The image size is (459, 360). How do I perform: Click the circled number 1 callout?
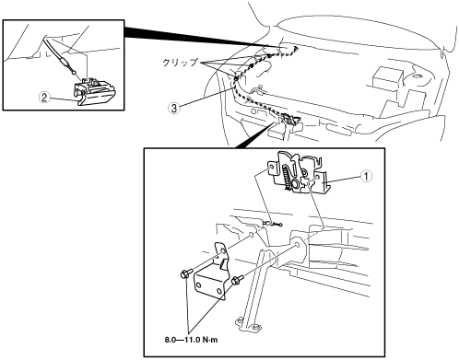[366, 176]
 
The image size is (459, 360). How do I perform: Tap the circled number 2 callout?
[44, 98]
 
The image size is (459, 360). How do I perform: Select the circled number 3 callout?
[174, 108]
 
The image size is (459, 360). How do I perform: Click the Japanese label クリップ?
[180, 63]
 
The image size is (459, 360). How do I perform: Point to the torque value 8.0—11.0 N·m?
[191, 340]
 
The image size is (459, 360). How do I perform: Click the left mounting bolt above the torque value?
[185, 273]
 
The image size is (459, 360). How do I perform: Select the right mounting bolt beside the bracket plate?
[237, 279]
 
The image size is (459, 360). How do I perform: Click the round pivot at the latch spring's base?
[295, 184]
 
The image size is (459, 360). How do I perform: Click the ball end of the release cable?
[74, 73]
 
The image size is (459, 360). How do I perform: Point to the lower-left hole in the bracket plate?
[199, 285]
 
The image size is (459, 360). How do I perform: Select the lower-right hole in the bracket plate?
[218, 291]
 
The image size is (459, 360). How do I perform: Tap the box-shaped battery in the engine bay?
[386, 78]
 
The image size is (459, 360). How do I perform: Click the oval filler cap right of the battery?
[418, 75]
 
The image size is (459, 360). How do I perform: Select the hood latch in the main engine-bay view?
[288, 121]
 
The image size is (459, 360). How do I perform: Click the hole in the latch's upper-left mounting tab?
[272, 168]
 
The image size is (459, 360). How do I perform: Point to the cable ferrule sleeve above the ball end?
[65, 64]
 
